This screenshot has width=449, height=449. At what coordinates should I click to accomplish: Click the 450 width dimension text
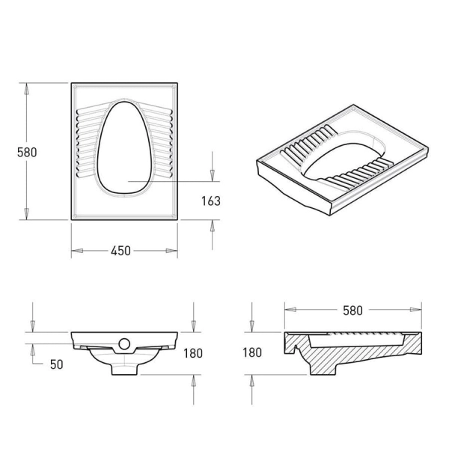[x=120, y=251]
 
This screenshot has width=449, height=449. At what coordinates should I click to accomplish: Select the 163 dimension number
[x=211, y=201]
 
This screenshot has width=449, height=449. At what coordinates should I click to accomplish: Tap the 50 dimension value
[x=56, y=364]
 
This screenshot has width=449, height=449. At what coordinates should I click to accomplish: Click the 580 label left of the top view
[x=27, y=153]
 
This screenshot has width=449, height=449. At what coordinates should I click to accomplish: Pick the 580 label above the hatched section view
[x=352, y=311]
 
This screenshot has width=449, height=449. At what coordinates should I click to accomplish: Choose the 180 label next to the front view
[x=193, y=353]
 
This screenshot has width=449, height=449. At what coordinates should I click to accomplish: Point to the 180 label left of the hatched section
[x=252, y=352]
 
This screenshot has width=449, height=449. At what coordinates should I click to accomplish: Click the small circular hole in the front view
[x=124, y=343]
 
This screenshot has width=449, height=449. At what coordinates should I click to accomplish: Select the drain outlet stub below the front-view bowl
[x=124, y=369]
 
